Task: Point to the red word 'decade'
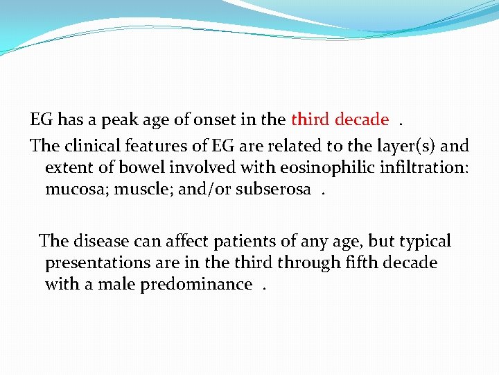[x=361, y=119]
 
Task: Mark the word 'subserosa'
[x=273, y=190]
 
